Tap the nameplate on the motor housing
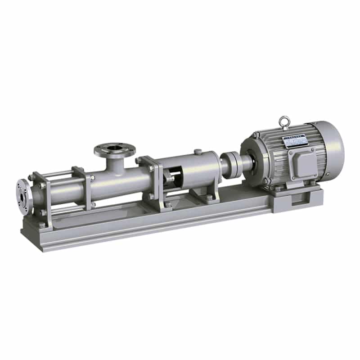(295, 141)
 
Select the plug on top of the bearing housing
(197, 152)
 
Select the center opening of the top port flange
(114, 147)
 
